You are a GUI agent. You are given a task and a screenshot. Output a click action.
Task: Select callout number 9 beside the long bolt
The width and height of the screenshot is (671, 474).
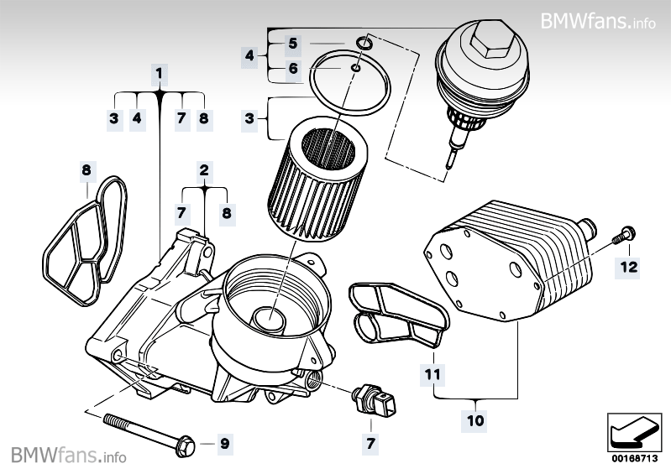pyautogui.click(x=224, y=442)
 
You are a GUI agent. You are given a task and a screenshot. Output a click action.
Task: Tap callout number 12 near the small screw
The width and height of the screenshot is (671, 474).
pyautogui.click(x=629, y=267)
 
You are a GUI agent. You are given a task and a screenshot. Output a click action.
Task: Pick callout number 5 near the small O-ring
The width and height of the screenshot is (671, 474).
pyautogui.click(x=292, y=43)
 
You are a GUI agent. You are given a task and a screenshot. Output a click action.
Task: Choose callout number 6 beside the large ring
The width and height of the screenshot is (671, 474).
pyautogui.click(x=292, y=69)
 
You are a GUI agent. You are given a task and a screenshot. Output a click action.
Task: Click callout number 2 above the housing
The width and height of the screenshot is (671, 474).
pyautogui.click(x=203, y=170)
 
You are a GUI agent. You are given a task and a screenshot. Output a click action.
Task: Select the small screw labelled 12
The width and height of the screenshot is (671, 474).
pyautogui.click(x=625, y=235)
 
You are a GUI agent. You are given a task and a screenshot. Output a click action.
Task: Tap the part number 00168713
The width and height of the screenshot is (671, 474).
pyautogui.click(x=632, y=458)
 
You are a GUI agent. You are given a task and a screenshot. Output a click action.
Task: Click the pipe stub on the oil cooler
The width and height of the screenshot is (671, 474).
pyautogui.click(x=589, y=227)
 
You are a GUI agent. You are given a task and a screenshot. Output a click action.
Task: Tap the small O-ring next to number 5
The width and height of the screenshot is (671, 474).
pyautogui.click(x=362, y=42)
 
